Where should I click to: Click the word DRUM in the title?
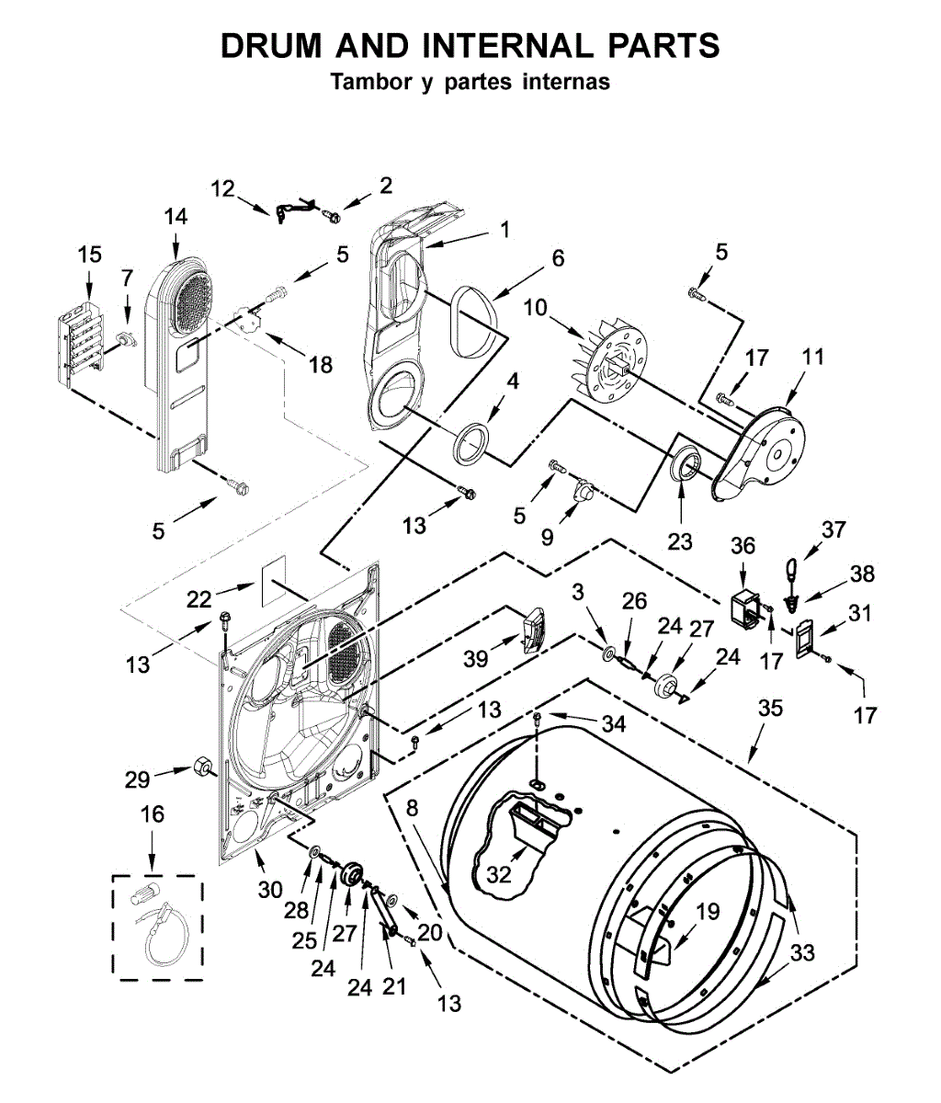point(271,45)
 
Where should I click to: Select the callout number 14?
point(176,217)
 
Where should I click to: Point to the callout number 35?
point(771,708)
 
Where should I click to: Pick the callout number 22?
point(199,600)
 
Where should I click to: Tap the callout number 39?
point(475,659)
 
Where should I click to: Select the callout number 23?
point(680,541)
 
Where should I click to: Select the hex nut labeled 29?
point(201,768)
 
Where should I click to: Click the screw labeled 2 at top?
point(331,216)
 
